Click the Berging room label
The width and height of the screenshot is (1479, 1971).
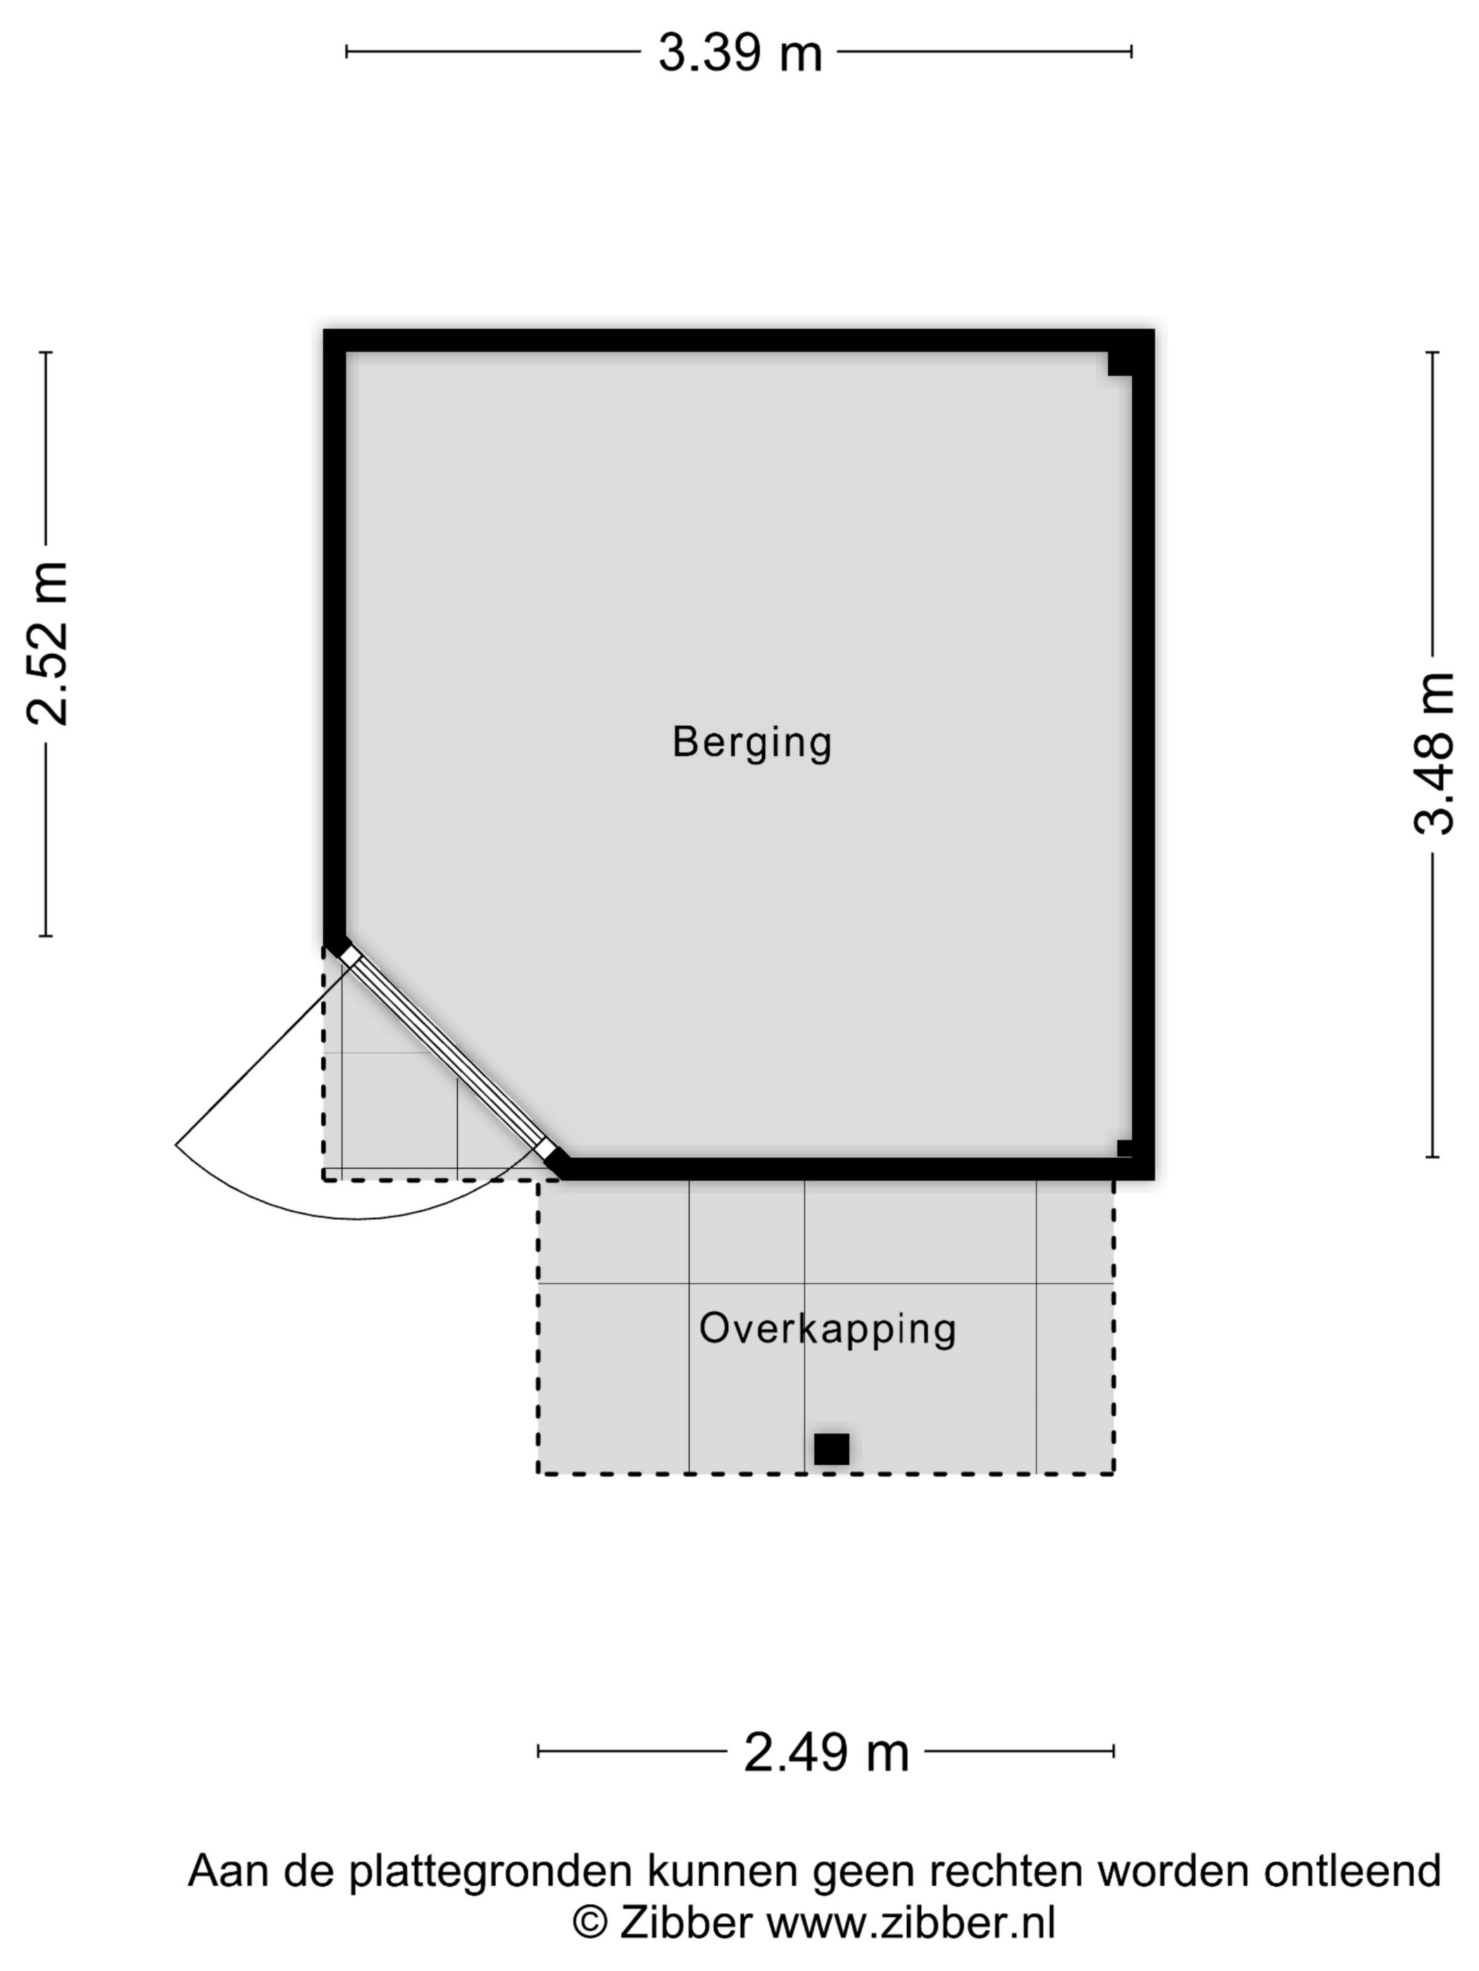coord(751,742)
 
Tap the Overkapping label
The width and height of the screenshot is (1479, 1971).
coord(828,1328)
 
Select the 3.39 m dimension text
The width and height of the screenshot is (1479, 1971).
coord(740,53)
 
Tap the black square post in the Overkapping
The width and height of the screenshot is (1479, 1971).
coord(831,1449)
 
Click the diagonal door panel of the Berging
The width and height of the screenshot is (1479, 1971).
coord(449,1053)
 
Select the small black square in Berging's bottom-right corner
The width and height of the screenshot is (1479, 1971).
coord(1124,1149)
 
